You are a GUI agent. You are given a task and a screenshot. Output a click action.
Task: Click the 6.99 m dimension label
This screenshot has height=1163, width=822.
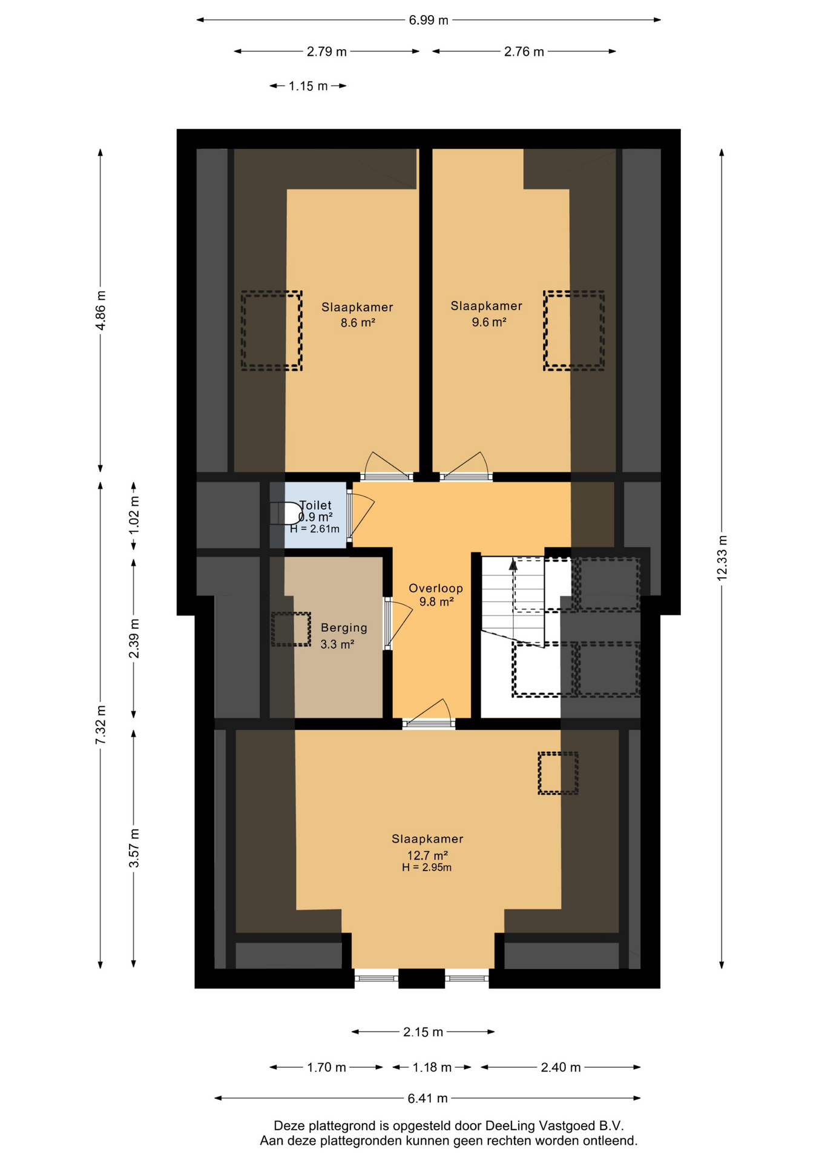[429, 20]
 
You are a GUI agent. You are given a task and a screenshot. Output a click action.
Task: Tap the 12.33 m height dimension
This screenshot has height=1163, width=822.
[722, 558]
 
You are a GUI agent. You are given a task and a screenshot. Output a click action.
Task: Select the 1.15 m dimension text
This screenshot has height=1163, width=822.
[308, 86]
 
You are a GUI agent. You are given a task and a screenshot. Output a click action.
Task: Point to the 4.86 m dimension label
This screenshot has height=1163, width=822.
[100, 310]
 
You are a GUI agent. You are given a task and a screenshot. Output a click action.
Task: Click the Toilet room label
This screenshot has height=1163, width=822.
[316, 505]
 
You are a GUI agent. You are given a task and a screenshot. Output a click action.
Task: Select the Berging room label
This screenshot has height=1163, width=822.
[344, 628]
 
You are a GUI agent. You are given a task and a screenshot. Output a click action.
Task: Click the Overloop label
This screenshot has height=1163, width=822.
[436, 588]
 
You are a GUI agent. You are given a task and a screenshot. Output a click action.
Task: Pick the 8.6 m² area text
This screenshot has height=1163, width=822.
[358, 323]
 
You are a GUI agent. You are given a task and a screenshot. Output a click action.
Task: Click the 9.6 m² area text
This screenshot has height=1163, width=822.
[489, 322]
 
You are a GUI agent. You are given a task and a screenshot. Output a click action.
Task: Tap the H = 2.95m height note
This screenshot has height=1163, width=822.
[427, 867]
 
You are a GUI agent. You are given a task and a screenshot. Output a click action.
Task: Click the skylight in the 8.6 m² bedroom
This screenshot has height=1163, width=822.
[272, 331]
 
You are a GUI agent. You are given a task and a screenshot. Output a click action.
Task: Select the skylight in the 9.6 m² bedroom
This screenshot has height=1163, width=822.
[574, 331]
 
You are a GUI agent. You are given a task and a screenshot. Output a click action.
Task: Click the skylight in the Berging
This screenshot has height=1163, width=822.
[291, 629]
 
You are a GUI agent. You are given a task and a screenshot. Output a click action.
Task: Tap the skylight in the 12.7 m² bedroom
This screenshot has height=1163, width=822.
[558, 773]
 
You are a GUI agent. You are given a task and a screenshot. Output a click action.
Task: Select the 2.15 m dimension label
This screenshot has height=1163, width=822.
[423, 1032]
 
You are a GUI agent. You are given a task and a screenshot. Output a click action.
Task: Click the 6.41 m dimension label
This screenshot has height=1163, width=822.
[427, 1098]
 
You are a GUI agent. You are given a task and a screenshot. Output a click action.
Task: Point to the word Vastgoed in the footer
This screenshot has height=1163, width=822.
[567, 1125]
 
